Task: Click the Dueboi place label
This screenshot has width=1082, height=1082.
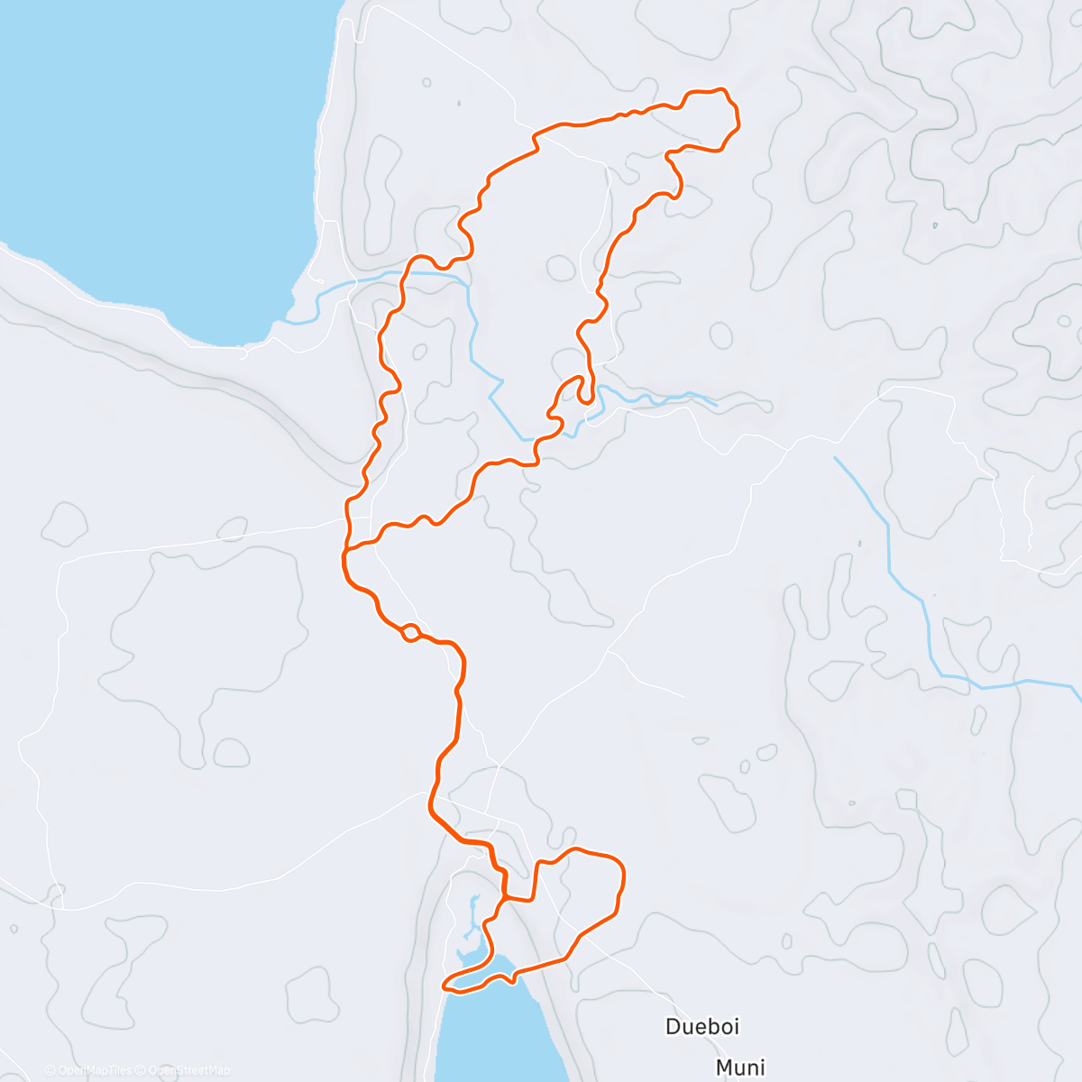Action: tap(702, 1026)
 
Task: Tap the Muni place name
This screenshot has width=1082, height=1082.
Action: tap(740, 1068)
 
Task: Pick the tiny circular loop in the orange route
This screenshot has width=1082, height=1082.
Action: tap(409, 631)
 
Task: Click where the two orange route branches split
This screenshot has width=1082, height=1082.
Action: tap(348, 549)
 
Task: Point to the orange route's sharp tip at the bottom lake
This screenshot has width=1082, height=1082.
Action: tap(445, 986)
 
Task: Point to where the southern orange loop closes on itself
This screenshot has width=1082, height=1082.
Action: tap(506, 898)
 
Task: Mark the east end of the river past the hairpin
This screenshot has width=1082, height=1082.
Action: tap(716, 403)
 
